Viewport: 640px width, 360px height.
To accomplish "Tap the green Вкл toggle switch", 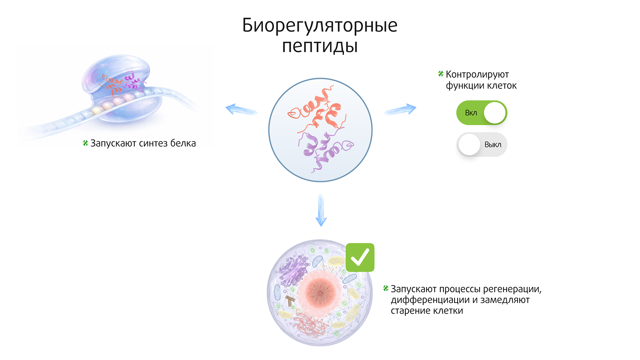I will pos(481,113).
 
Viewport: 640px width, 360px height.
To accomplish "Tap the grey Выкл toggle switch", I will pos(481,144).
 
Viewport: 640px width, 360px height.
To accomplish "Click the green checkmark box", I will pos(360,257).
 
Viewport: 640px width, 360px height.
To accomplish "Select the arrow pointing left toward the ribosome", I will pos(241,110).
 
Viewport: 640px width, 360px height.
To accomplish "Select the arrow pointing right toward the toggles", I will pos(400,110).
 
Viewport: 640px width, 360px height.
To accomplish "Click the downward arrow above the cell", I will pos(321,210).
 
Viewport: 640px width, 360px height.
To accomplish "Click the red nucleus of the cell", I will pos(320,292).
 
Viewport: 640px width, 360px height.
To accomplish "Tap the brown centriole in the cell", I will pos(290,300).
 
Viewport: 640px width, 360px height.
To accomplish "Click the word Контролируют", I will pos(477,75).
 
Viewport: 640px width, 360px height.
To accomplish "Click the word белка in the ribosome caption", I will pos(183,143).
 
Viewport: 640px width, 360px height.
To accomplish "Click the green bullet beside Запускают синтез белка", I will pos(85,143).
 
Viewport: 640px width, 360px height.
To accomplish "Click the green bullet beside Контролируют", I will pos(441,74).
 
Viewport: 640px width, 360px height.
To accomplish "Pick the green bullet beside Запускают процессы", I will pos(386,288).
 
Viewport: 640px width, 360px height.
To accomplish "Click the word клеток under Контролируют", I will pos(502,86).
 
